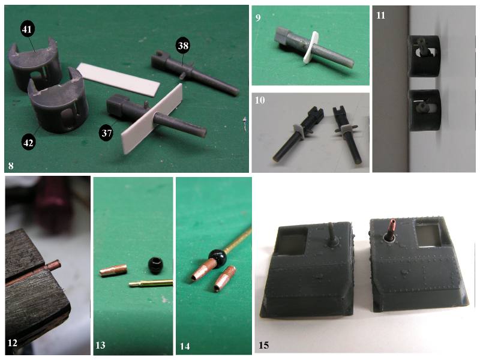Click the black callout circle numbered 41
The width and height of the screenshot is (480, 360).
click(x=27, y=29)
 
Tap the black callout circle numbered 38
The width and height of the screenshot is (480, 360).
click(x=183, y=46)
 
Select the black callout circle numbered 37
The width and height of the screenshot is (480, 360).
click(x=106, y=133)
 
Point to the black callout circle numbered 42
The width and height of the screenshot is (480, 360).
click(x=28, y=143)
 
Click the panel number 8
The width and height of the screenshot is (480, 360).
click(x=11, y=166)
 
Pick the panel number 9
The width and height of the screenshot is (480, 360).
click(x=258, y=18)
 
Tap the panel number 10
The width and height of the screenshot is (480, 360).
click(x=260, y=100)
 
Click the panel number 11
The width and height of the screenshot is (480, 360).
click(x=380, y=16)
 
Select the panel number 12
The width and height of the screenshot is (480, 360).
click(x=12, y=343)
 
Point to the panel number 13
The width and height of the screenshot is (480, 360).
click(x=100, y=346)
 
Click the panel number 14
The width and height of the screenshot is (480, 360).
click(x=185, y=346)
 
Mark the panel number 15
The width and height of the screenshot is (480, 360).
click(x=263, y=346)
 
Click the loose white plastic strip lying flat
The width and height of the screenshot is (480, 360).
click(x=118, y=79)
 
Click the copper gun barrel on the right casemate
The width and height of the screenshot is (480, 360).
click(x=391, y=229)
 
